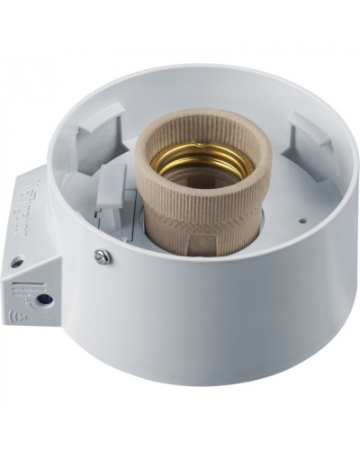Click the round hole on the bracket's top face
(16, 262)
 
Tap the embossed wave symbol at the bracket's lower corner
(16, 316)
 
